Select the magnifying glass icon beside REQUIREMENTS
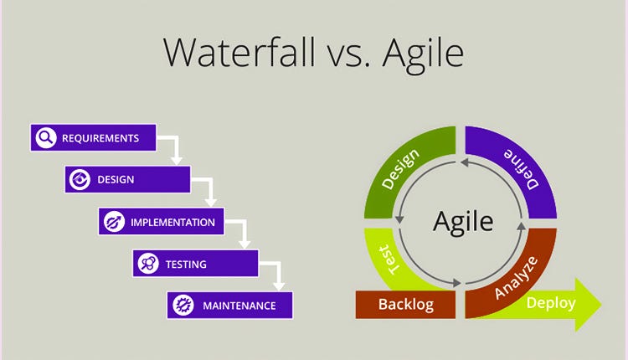tap(46, 137)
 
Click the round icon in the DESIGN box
tap(80, 179)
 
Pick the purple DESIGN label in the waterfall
tap(116, 179)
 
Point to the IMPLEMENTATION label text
tap(172, 222)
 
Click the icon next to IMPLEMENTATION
tap(114, 222)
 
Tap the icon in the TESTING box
tap(148, 264)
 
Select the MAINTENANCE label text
tap(239, 306)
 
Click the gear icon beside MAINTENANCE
tap(182, 306)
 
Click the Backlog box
tap(405, 304)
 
